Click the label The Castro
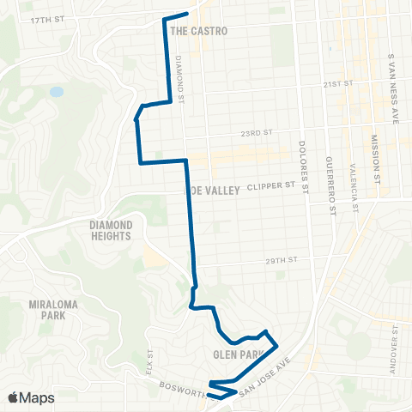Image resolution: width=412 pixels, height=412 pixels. (199, 30)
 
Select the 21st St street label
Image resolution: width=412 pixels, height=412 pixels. (339, 85)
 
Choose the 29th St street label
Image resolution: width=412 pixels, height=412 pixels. (280, 260)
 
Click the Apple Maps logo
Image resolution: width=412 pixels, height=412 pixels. (31, 397)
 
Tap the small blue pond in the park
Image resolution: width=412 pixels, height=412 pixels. (56, 91)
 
